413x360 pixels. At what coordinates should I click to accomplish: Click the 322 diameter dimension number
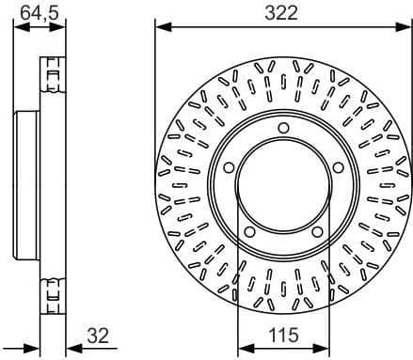click(x=280, y=12)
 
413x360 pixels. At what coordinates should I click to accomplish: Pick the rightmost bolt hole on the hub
click(x=336, y=168)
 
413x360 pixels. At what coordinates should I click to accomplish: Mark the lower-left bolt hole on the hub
click(x=247, y=233)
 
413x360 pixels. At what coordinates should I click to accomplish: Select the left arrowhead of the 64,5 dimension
click(x=19, y=25)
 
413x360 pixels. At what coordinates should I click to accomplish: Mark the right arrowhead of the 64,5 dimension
click(x=63, y=25)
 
